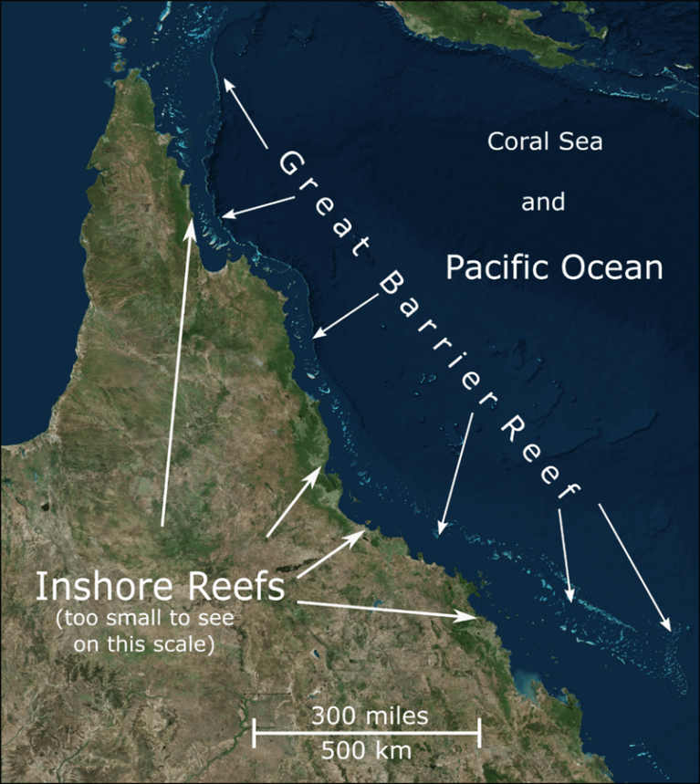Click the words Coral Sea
coord(545,142)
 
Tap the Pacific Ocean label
coord(553,268)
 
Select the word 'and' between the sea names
coord(543,203)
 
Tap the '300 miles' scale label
coord(368,716)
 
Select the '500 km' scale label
coord(366,751)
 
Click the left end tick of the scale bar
coord(255,733)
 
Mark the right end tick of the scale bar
coord(479,733)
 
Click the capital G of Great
coord(290,164)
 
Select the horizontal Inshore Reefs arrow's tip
coord(477,618)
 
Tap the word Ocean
coord(613,268)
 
